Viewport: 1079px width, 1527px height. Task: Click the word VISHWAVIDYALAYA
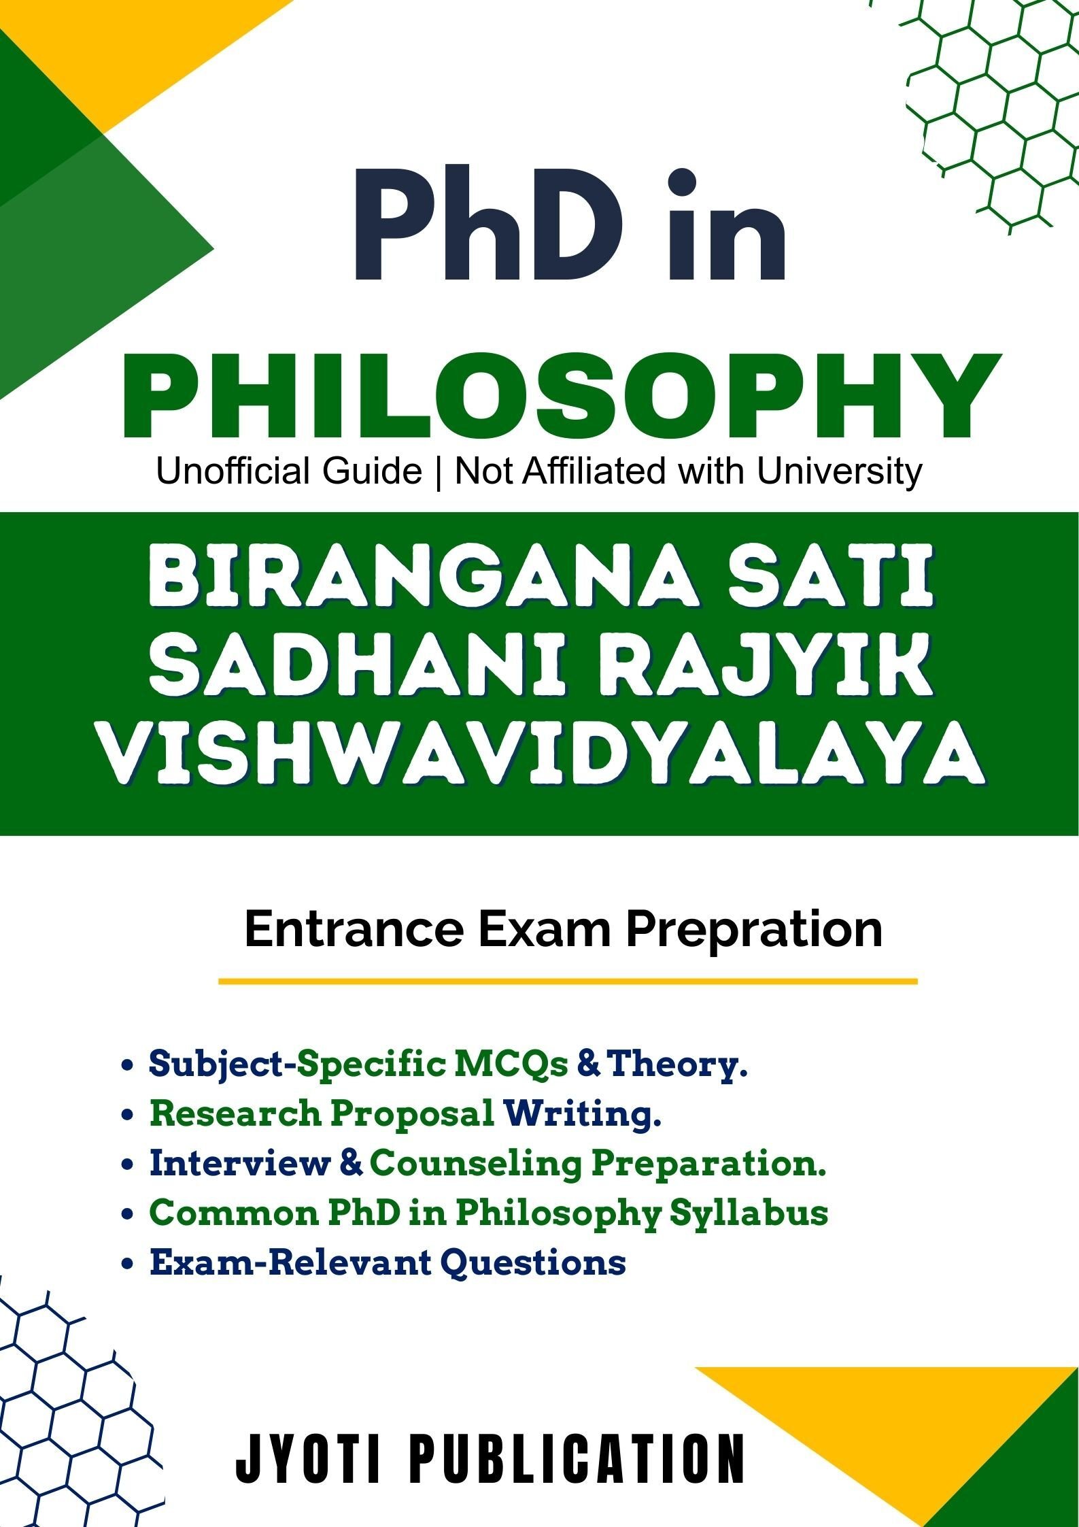pyautogui.click(x=541, y=754)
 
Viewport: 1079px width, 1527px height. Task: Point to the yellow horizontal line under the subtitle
pyautogui.click(x=567, y=981)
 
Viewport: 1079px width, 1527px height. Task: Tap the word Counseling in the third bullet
pyautogui.click(x=476, y=1163)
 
